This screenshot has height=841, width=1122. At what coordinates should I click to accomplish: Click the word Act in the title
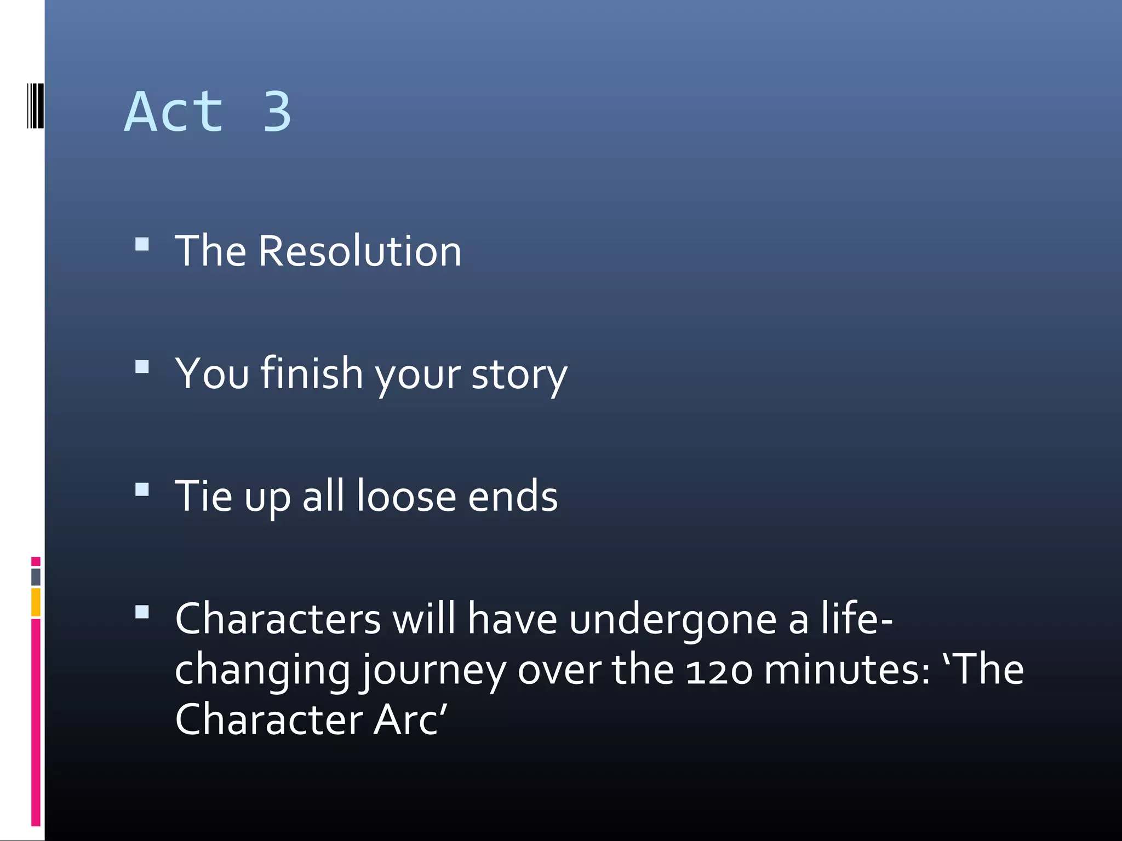[174, 112]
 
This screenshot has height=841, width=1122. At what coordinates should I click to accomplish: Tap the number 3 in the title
[277, 112]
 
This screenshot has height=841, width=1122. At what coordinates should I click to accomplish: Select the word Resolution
[359, 251]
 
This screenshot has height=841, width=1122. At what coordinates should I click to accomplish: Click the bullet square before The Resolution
[142, 244]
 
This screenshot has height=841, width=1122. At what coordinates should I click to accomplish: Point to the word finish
[311, 373]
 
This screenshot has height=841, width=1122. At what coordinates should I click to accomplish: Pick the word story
[519, 376]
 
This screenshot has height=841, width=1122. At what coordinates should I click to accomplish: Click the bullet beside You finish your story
[142, 366]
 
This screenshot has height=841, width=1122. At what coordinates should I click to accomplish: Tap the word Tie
[203, 496]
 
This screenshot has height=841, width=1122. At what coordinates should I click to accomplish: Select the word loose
[406, 496]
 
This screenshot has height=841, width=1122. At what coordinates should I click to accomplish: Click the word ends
[512, 496]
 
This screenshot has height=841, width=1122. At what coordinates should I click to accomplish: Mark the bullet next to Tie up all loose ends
[142, 489]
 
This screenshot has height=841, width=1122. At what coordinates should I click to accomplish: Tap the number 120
[719, 671]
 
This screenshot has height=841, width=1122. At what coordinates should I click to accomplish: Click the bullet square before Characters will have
[142, 612]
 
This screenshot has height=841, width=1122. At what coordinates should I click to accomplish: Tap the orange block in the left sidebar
[36, 602]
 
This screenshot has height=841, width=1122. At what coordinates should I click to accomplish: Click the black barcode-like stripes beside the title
[35, 106]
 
